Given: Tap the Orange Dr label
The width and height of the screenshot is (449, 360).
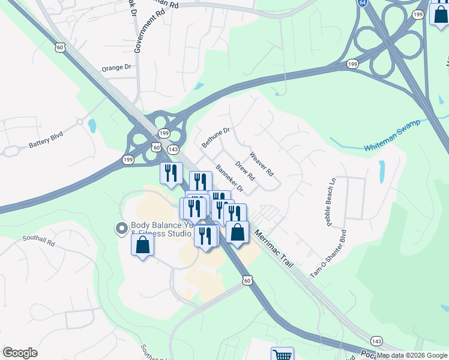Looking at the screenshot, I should [x=116, y=68].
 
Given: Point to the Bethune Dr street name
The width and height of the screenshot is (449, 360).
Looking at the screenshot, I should [x=215, y=137].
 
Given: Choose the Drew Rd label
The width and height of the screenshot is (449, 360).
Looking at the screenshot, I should [x=245, y=171].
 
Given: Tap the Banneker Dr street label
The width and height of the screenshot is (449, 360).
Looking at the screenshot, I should [x=229, y=179].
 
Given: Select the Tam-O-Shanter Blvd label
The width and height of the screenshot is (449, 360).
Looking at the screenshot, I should [x=328, y=254].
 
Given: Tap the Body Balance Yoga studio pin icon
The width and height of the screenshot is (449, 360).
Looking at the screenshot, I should [x=121, y=228].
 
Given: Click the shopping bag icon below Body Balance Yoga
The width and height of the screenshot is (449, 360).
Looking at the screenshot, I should [x=142, y=244].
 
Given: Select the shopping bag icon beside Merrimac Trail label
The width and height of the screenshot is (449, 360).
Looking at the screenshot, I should [x=238, y=232].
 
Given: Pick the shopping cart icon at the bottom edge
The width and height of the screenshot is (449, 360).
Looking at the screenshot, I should [x=282, y=354].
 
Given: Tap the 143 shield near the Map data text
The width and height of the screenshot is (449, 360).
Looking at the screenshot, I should [x=376, y=341].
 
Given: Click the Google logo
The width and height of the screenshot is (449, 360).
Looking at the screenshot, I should [x=20, y=353].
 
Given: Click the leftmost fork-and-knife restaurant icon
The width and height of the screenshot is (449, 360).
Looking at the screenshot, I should [x=171, y=173].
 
